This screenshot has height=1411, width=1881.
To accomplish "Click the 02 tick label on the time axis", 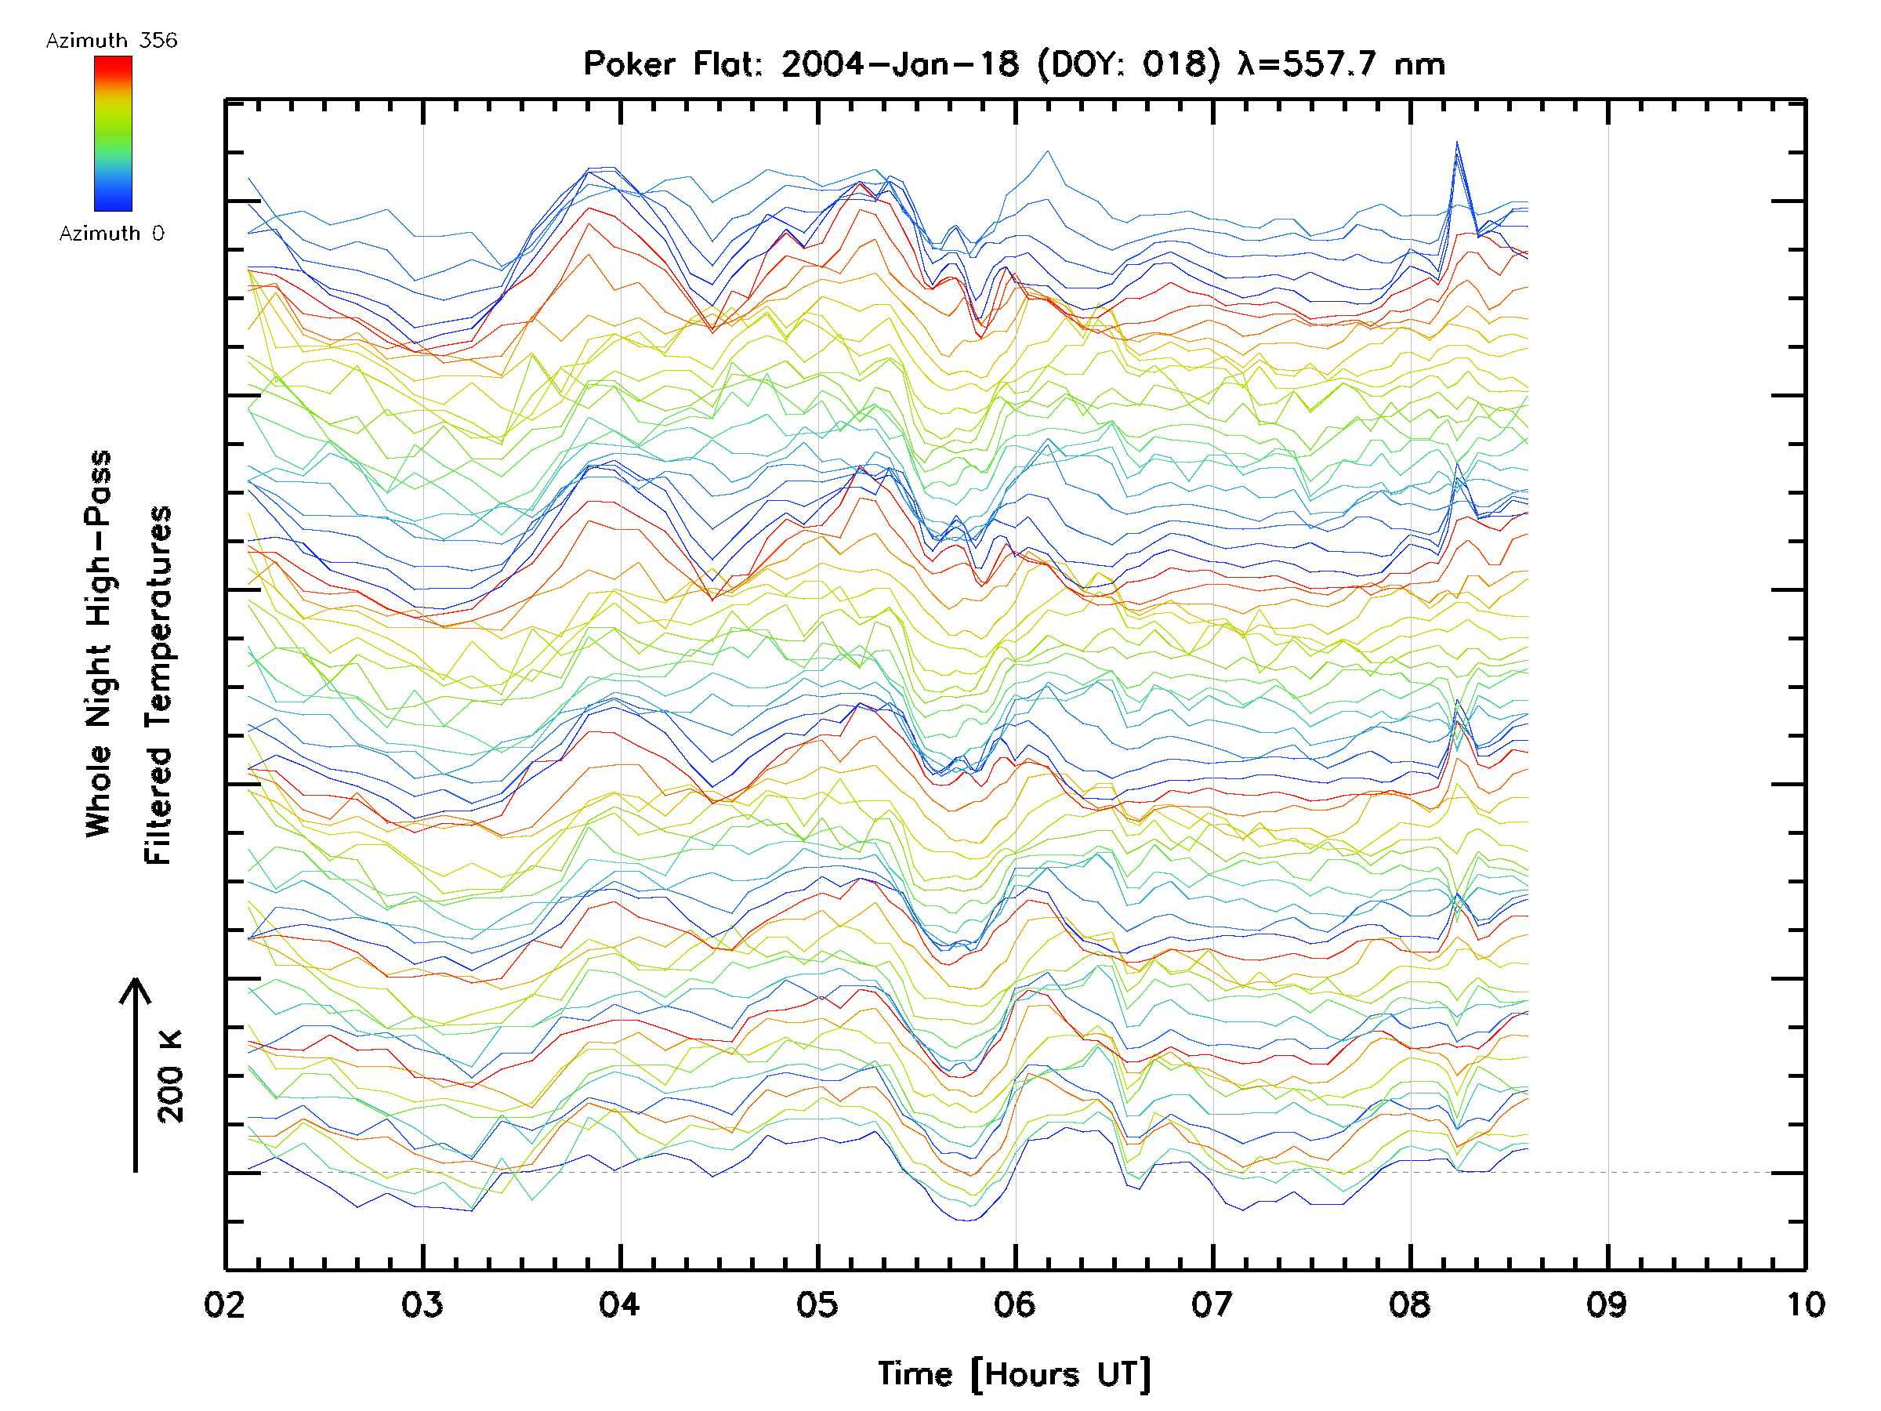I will pyautogui.click(x=226, y=1304).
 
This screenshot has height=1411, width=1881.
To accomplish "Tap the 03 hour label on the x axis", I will pyautogui.click(x=422, y=1304).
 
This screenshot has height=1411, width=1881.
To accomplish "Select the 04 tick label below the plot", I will pyautogui.click(x=620, y=1304).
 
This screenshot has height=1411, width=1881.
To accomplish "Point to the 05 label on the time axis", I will pyautogui.click(x=817, y=1304).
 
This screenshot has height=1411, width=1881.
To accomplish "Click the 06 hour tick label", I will pyautogui.click(x=1014, y=1304).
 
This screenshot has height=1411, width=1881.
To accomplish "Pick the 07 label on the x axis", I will pyautogui.click(x=1212, y=1304).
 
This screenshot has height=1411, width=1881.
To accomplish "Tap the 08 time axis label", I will pyautogui.click(x=1410, y=1304).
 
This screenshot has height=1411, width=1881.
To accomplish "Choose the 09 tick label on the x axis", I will pyautogui.click(x=1607, y=1304).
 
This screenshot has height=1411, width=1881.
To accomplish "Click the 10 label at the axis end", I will pyautogui.click(x=1804, y=1304).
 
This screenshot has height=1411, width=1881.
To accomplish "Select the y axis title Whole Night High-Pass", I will pyautogui.click(x=99, y=644).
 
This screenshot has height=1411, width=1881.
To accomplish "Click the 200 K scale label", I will pyautogui.click(x=171, y=1077).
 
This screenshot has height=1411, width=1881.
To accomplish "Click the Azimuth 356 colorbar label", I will pyautogui.click(x=111, y=41).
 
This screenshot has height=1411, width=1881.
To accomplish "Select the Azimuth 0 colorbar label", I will pyautogui.click(x=111, y=234).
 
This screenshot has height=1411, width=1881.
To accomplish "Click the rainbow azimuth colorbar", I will pyautogui.click(x=113, y=133).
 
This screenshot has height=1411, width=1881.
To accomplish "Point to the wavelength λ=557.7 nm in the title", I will pyautogui.click(x=1342, y=64).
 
